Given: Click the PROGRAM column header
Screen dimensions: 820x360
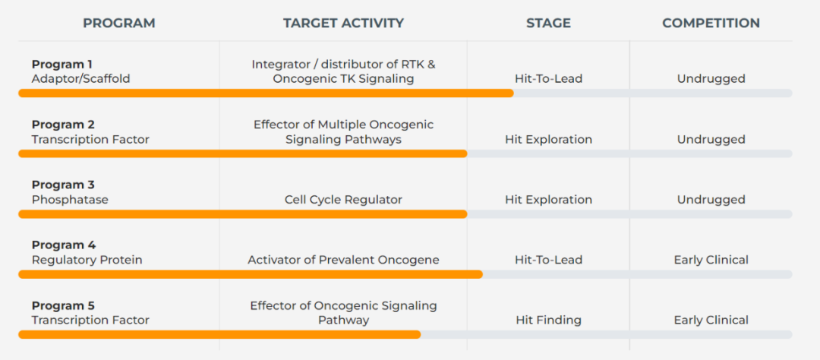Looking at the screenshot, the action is click(119, 23).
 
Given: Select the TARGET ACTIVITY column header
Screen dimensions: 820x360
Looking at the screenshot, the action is click(344, 23).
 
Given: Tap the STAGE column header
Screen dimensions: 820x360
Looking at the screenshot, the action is click(549, 23).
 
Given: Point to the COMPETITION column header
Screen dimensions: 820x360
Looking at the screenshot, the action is click(711, 23).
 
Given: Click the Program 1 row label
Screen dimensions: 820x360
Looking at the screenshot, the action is click(62, 65).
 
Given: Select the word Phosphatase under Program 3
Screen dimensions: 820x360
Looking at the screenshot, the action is click(70, 200).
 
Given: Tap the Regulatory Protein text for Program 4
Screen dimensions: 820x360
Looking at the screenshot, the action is click(87, 260).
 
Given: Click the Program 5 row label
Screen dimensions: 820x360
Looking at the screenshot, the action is click(63, 305).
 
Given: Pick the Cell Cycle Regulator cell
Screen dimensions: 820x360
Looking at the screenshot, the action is click(344, 200).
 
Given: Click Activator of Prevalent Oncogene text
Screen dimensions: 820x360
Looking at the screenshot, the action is click(344, 260).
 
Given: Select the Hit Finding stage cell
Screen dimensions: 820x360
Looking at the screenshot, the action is click(549, 321).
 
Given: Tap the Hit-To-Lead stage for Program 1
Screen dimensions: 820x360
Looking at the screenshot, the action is click(549, 79).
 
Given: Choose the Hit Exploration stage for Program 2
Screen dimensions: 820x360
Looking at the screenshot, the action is click(549, 140).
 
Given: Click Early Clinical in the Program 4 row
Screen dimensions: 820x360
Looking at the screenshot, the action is click(711, 260).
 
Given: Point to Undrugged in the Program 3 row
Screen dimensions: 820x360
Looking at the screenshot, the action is click(711, 200).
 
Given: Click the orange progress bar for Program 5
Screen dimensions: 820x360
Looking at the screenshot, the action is click(219, 334).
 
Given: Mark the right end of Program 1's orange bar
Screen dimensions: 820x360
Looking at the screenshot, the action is click(513, 93).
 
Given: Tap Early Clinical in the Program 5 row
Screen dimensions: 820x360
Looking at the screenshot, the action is click(711, 321).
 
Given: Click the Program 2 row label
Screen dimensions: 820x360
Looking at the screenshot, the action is click(63, 125).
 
